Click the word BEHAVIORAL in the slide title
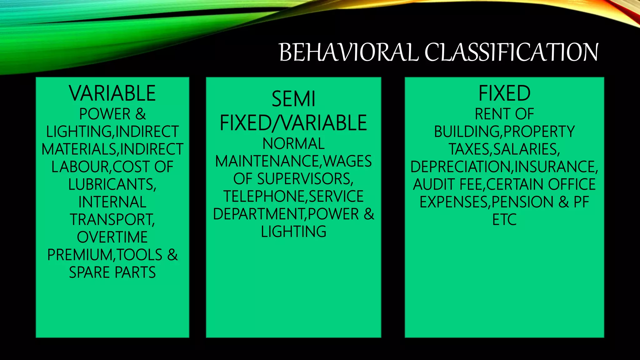[x=348, y=52]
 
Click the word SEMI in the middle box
[x=293, y=99]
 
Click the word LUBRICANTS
[x=111, y=184]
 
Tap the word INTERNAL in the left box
[x=112, y=202]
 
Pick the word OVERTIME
[x=112, y=237]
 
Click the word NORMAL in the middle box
[x=293, y=144]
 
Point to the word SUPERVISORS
[x=305, y=179]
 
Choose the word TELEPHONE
[x=263, y=197]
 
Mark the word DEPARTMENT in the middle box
[x=258, y=214]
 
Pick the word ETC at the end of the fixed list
[x=504, y=220]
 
